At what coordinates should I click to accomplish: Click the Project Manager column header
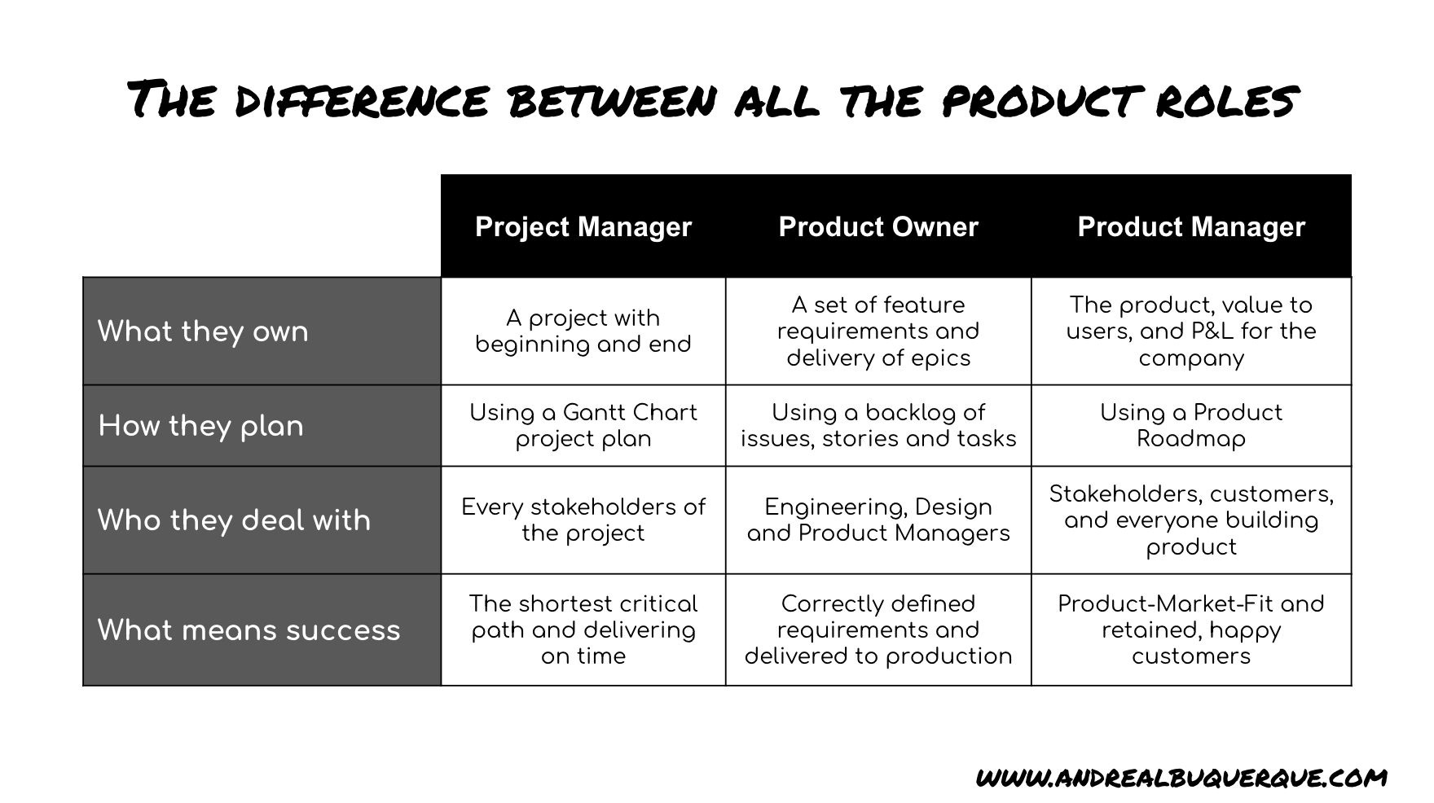pyautogui.click(x=583, y=226)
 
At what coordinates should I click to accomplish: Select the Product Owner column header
pyautogui.click(x=878, y=226)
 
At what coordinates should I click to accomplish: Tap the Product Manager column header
pyautogui.click(x=1190, y=226)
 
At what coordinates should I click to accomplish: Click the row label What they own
pyautogui.click(x=203, y=331)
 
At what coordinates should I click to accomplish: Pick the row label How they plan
pyautogui.click(x=200, y=426)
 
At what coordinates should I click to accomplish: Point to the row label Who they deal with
pyautogui.click(x=234, y=520)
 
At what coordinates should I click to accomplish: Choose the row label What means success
pyautogui.click(x=249, y=630)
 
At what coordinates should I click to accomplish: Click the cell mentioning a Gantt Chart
pyautogui.click(x=583, y=425)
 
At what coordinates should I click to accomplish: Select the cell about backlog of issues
pyautogui.click(x=878, y=425)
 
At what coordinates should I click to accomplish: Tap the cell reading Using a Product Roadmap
pyautogui.click(x=1190, y=425)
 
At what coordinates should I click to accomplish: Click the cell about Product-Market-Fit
pyautogui.click(x=1190, y=630)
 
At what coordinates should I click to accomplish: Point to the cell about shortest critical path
pyautogui.click(x=583, y=630)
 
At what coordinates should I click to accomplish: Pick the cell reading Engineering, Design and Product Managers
pyautogui.click(x=878, y=520)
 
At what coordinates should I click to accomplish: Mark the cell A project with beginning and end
pyautogui.click(x=583, y=331)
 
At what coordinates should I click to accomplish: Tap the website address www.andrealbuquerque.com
pyautogui.click(x=1181, y=777)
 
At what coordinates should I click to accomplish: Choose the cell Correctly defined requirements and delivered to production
pyautogui.click(x=878, y=630)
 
